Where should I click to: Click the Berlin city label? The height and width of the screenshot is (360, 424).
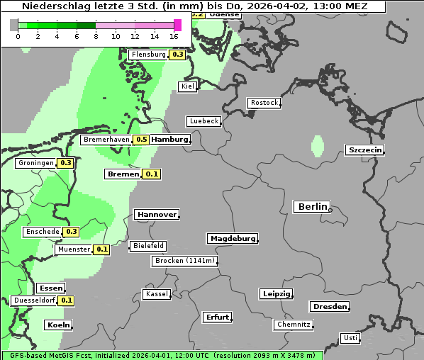(x=311, y=207)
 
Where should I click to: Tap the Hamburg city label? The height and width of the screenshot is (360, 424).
(x=170, y=140)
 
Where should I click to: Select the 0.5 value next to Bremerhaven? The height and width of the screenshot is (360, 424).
(x=141, y=140)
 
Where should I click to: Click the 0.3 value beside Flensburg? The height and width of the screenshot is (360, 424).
(x=177, y=55)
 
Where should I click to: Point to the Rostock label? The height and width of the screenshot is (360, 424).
(x=264, y=103)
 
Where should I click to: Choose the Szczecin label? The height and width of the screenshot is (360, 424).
(x=364, y=150)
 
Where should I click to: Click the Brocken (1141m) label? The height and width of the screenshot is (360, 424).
(x=184, y=261)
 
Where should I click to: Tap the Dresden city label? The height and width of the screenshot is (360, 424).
(x=329, y=307)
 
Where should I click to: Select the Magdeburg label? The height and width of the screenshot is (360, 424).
(x=232, y=239)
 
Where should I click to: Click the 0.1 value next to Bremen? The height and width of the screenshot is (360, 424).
(x=152, y=174)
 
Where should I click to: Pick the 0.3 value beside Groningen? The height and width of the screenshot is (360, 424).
(x=66, y=163)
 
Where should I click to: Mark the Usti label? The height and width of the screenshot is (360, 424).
(x=350, y=338)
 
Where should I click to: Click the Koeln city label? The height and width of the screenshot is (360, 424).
(x=58, y=325)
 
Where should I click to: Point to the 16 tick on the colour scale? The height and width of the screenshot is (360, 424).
(x=174, y=36)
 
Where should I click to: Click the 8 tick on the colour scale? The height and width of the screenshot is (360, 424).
(x=96, y=36)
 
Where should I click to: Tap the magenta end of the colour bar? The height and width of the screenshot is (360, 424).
(x=178, y=25)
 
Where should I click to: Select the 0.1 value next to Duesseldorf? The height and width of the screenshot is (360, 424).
(x=67, y=300)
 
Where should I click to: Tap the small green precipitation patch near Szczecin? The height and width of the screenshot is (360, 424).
(x=317, y=147)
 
